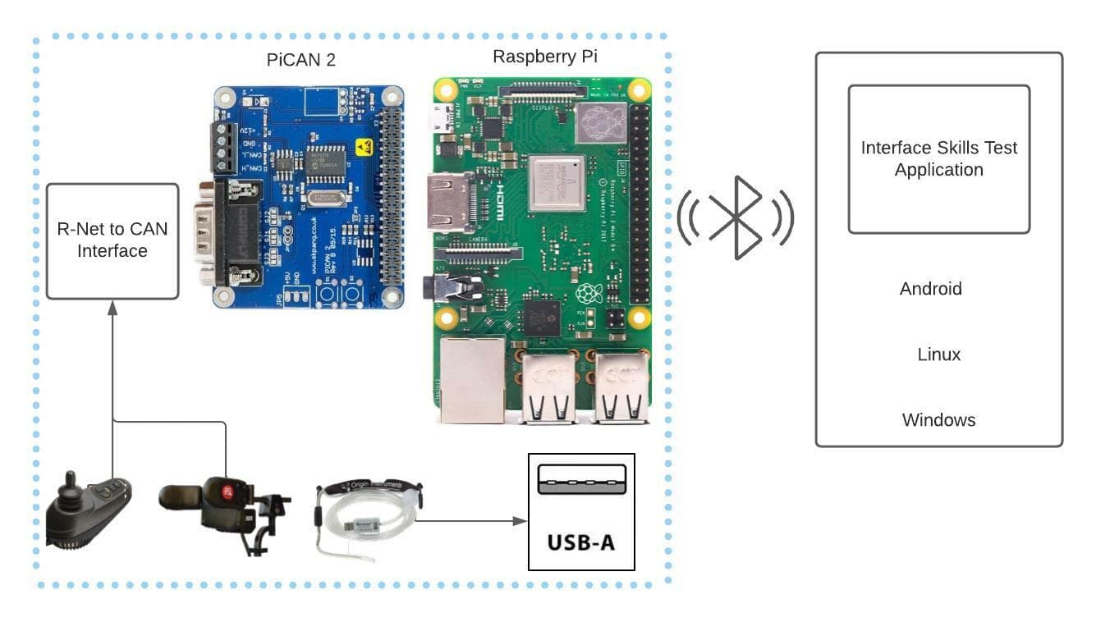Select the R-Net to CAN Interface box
(x=112, y=240)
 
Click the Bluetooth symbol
(x=736, y=217)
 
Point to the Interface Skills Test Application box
(x=938, y=159)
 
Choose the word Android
(x=930, y=289)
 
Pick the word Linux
(x=938, y=354)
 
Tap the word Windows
(x=938, y=420)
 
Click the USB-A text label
(x=581, y=542)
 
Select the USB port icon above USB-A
(x=581, y=479)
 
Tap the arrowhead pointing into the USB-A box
(x=520, y=521)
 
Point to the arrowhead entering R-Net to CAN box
(x=112, y=307)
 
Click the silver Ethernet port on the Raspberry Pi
(x=471, y=379)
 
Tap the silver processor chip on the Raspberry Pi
(x=557, y=182)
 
